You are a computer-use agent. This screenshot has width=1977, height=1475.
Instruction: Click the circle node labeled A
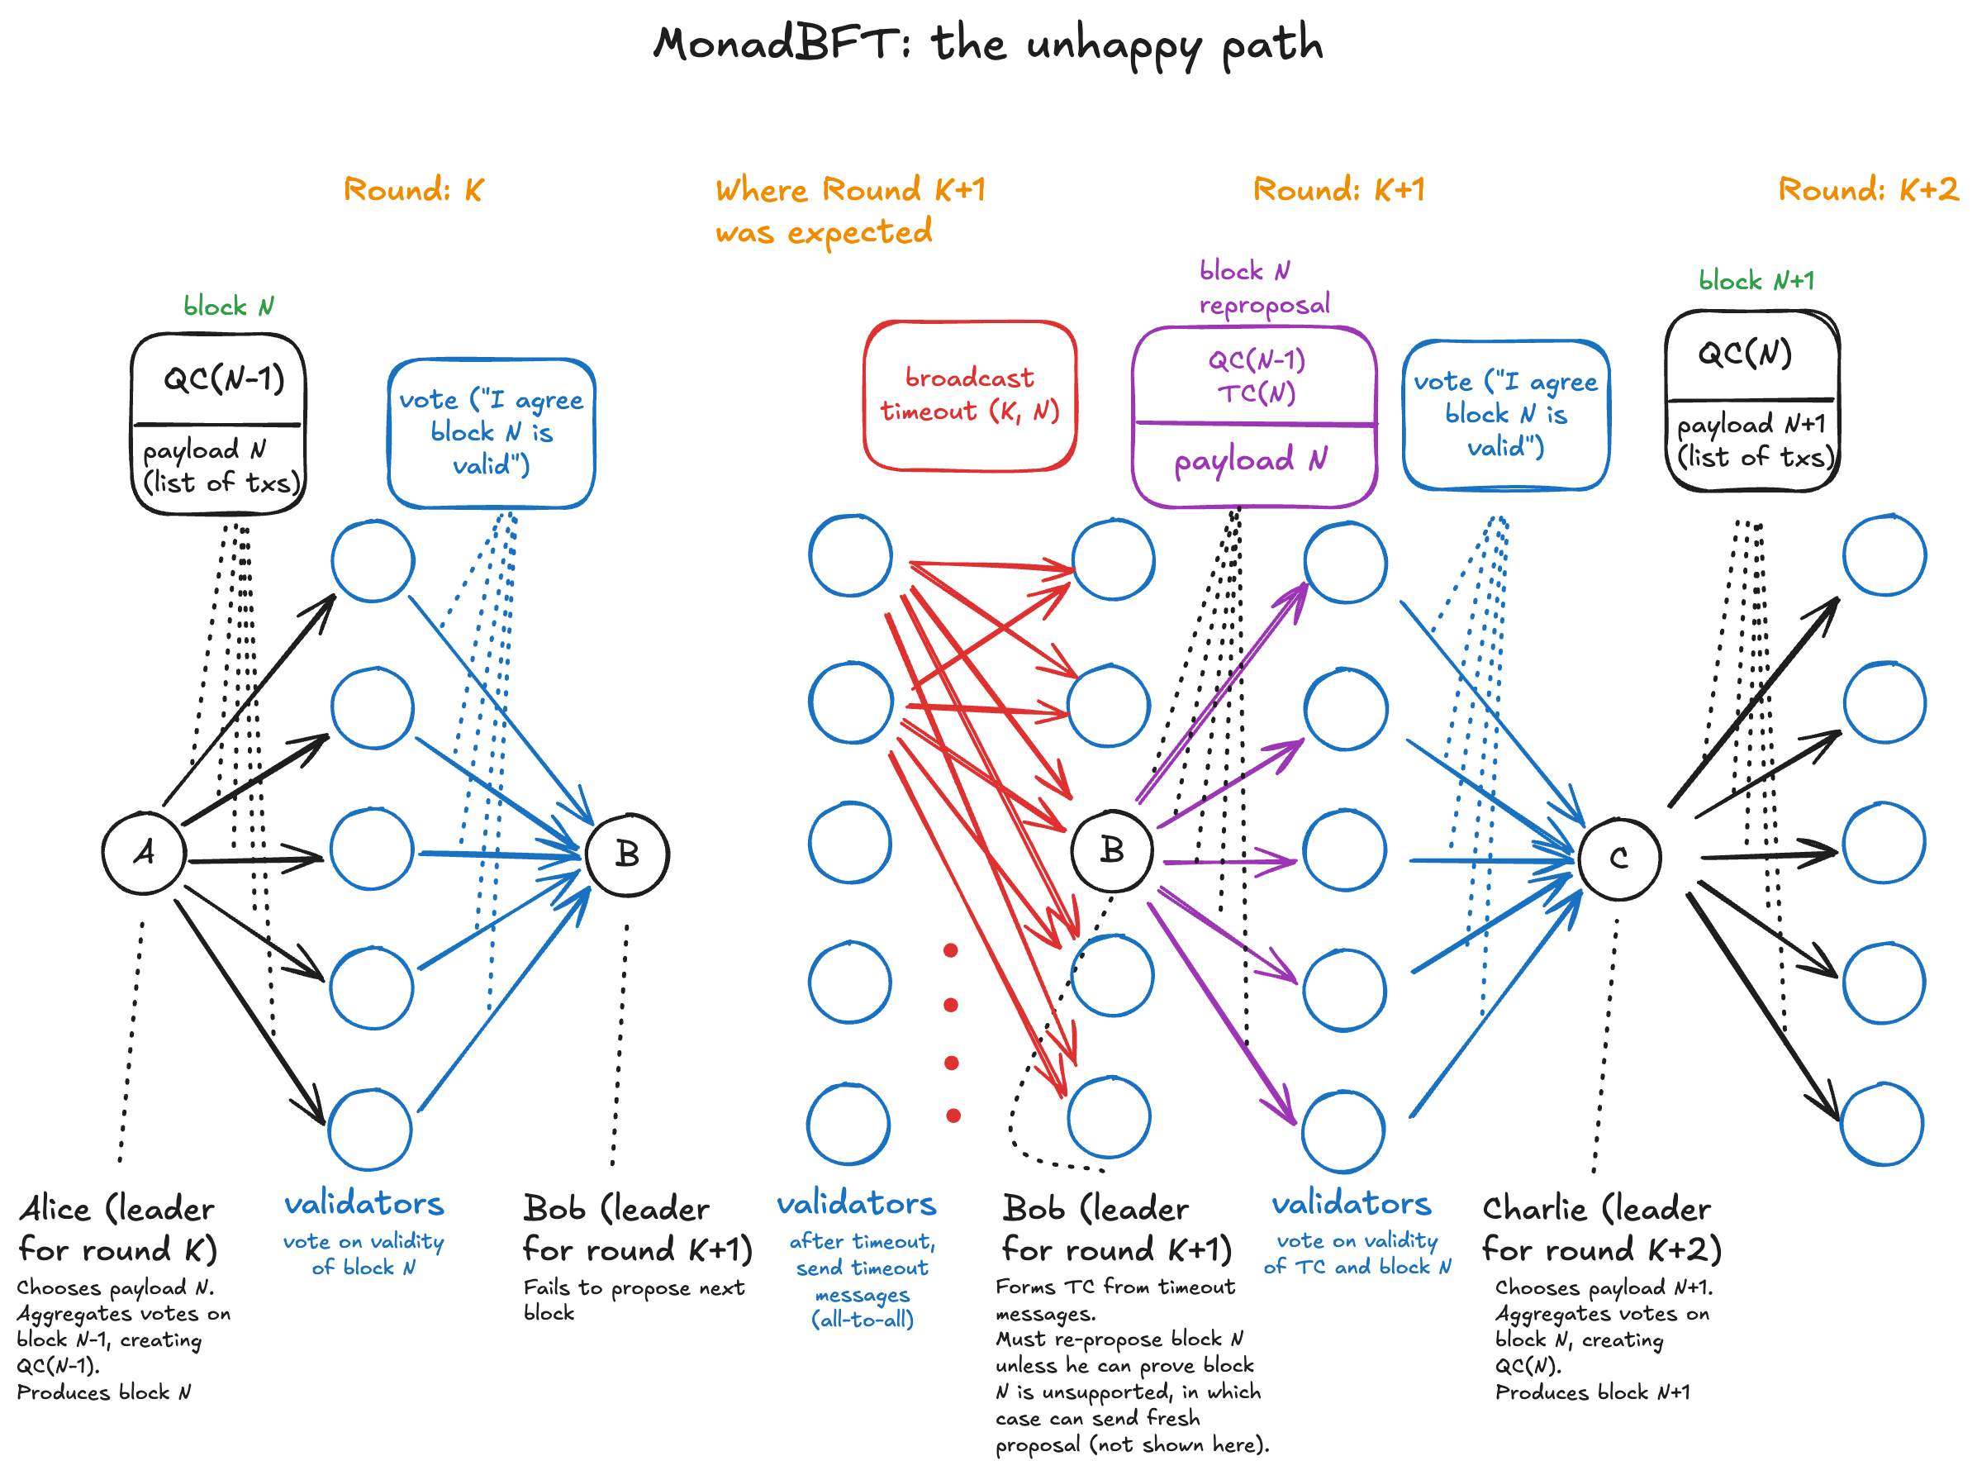144,853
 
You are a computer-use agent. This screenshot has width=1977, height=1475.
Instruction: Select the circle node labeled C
1618,859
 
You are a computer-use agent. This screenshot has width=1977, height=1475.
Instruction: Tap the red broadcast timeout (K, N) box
969,396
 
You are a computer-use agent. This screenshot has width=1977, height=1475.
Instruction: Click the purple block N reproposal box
1253,417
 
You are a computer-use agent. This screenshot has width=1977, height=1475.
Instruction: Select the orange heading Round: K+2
1867,189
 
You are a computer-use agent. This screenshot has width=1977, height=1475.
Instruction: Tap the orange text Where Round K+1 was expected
850,211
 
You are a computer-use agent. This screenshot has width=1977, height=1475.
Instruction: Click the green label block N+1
1756,281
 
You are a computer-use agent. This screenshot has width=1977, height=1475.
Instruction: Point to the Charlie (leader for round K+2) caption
1600,1229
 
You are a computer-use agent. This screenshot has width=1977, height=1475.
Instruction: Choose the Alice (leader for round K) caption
117,1229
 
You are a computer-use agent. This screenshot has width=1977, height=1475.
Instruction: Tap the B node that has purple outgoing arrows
1111,850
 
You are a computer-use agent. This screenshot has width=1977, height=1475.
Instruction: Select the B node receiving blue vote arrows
627,854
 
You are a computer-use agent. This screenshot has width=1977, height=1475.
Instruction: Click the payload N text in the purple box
1250,459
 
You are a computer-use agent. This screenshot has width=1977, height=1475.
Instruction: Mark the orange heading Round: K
413,189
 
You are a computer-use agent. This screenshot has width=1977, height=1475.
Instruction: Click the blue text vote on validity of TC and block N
1357,1254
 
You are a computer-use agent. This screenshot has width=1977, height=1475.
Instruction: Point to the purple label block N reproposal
1263,288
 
